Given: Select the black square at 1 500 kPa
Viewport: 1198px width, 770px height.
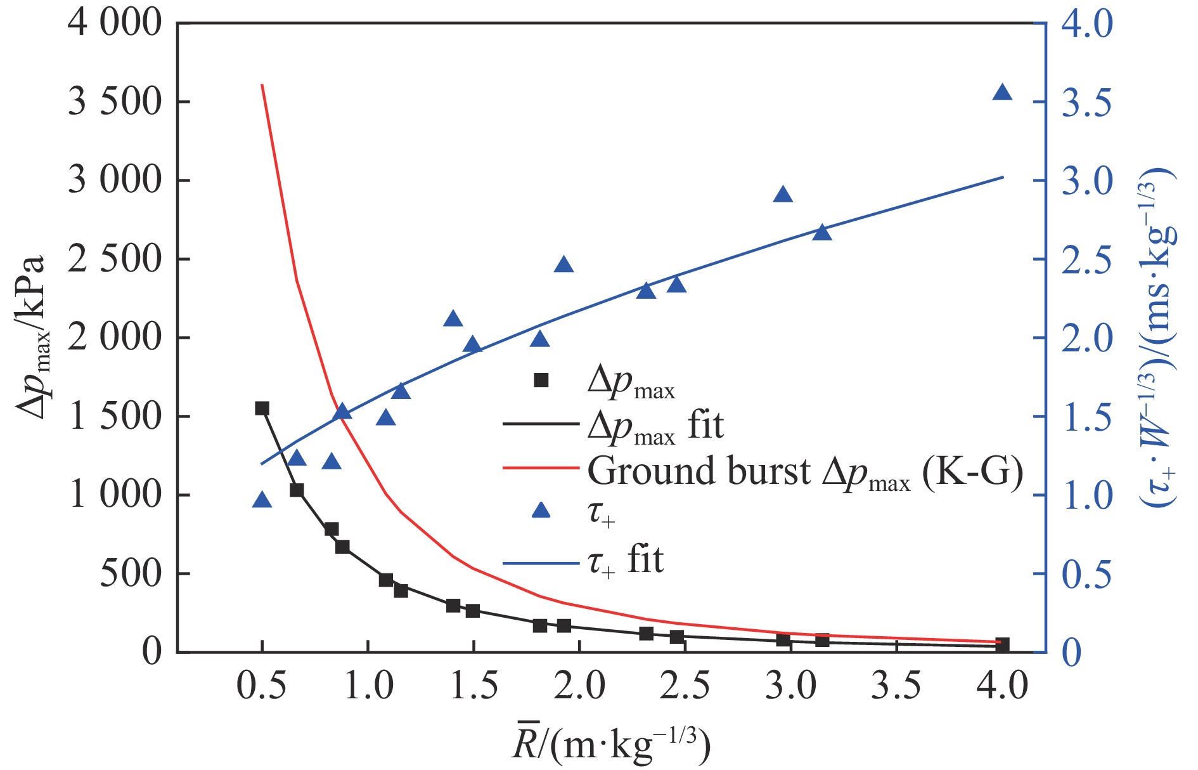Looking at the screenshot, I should tap(262, 408).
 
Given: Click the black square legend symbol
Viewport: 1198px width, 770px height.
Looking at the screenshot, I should tap(541, 380).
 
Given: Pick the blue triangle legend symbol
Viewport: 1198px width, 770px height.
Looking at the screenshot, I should tap(541, 510).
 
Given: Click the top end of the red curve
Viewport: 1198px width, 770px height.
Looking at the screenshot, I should tap(262, 85).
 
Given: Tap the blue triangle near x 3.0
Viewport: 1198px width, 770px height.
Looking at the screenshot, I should tap(783, 195).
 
